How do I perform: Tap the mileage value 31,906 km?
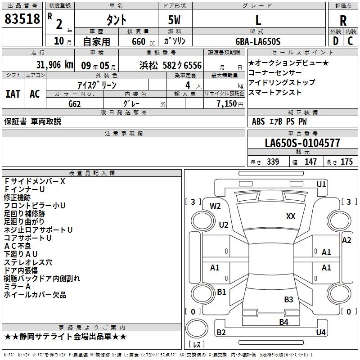[54, 65]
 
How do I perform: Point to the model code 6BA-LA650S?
[258, 41]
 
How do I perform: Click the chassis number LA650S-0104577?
[302, 143]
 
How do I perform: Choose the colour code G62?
[75, 103]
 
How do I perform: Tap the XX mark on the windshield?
[291, 216]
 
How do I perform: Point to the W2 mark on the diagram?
[216, 206]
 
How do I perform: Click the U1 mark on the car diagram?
[321, 184]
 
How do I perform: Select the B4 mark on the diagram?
[283, 322]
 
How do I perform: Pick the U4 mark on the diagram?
[320, 333]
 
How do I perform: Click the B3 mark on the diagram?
[288, 299]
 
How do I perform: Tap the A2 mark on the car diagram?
[346, 240]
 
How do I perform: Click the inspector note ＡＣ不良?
[18, 246]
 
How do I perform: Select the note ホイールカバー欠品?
[35, 295]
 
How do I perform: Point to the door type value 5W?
[175, 20]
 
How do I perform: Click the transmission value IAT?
[13, 94]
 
